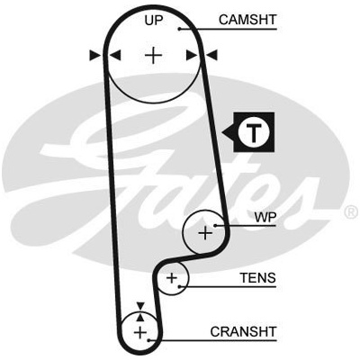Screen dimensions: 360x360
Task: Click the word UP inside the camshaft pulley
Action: click(x=153, y=21)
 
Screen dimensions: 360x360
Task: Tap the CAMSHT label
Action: click(x=247, y=20)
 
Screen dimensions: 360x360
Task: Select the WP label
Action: click(x=265, y=217)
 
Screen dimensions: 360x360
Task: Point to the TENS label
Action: click(x=257, y=278)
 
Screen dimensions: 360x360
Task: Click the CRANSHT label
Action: click(x=243, y=332)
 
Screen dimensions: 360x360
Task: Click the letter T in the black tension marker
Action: click(x=254, y=131)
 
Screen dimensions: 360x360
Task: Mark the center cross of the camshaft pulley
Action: click(x=154, y=55)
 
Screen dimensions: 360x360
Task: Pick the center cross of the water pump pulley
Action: click(x=205, y=232)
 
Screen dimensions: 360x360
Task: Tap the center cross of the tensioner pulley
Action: click(x=172, y=278)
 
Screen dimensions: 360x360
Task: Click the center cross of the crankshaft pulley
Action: click(x=139, y=332)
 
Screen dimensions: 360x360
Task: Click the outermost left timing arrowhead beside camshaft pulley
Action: click(x=95, y=55)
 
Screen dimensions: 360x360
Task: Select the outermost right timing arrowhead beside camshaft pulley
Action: click(x=211, y=55)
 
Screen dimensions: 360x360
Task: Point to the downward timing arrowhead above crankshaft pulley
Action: click(x=140, y=306)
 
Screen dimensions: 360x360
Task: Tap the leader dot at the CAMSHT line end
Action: click(x=179, y=29)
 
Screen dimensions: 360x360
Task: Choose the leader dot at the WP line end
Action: click(x=215, y=225)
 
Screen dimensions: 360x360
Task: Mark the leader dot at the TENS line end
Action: click(x=179, y=286)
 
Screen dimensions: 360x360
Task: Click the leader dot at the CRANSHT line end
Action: click(x=148, y=340)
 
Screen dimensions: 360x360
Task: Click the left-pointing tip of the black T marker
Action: click(x=222, y=131)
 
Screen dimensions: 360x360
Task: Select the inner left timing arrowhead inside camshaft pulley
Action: click(x=115, y=55)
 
